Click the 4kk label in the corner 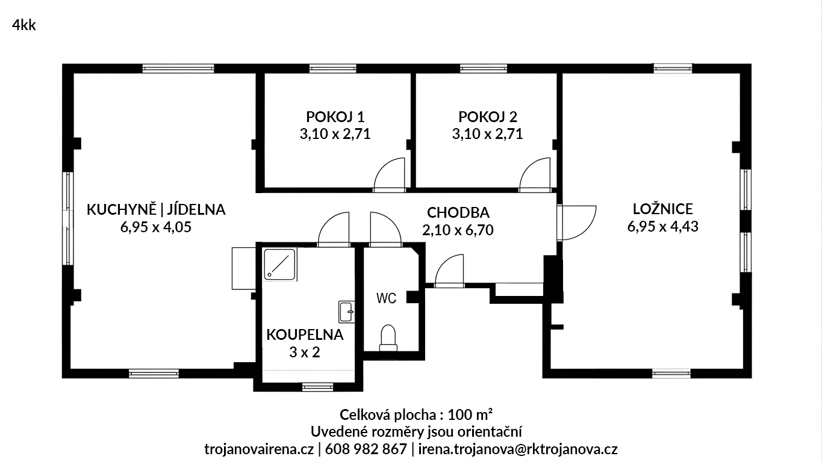coord(24,25)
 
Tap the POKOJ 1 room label coord(335,117)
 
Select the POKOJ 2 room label coord(488,117)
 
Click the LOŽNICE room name coord(663,209)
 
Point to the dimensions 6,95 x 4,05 coord(156,227)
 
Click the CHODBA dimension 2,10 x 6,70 coord(458,230)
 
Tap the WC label coord(386,298)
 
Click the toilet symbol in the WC coord(388,337)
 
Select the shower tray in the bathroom coord(279,264)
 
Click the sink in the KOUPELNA coord(346,312)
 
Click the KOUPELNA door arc coord(329,223)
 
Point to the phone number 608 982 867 coord(366,449)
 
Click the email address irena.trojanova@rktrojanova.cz coord(518,449)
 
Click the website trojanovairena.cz coord(259,449)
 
